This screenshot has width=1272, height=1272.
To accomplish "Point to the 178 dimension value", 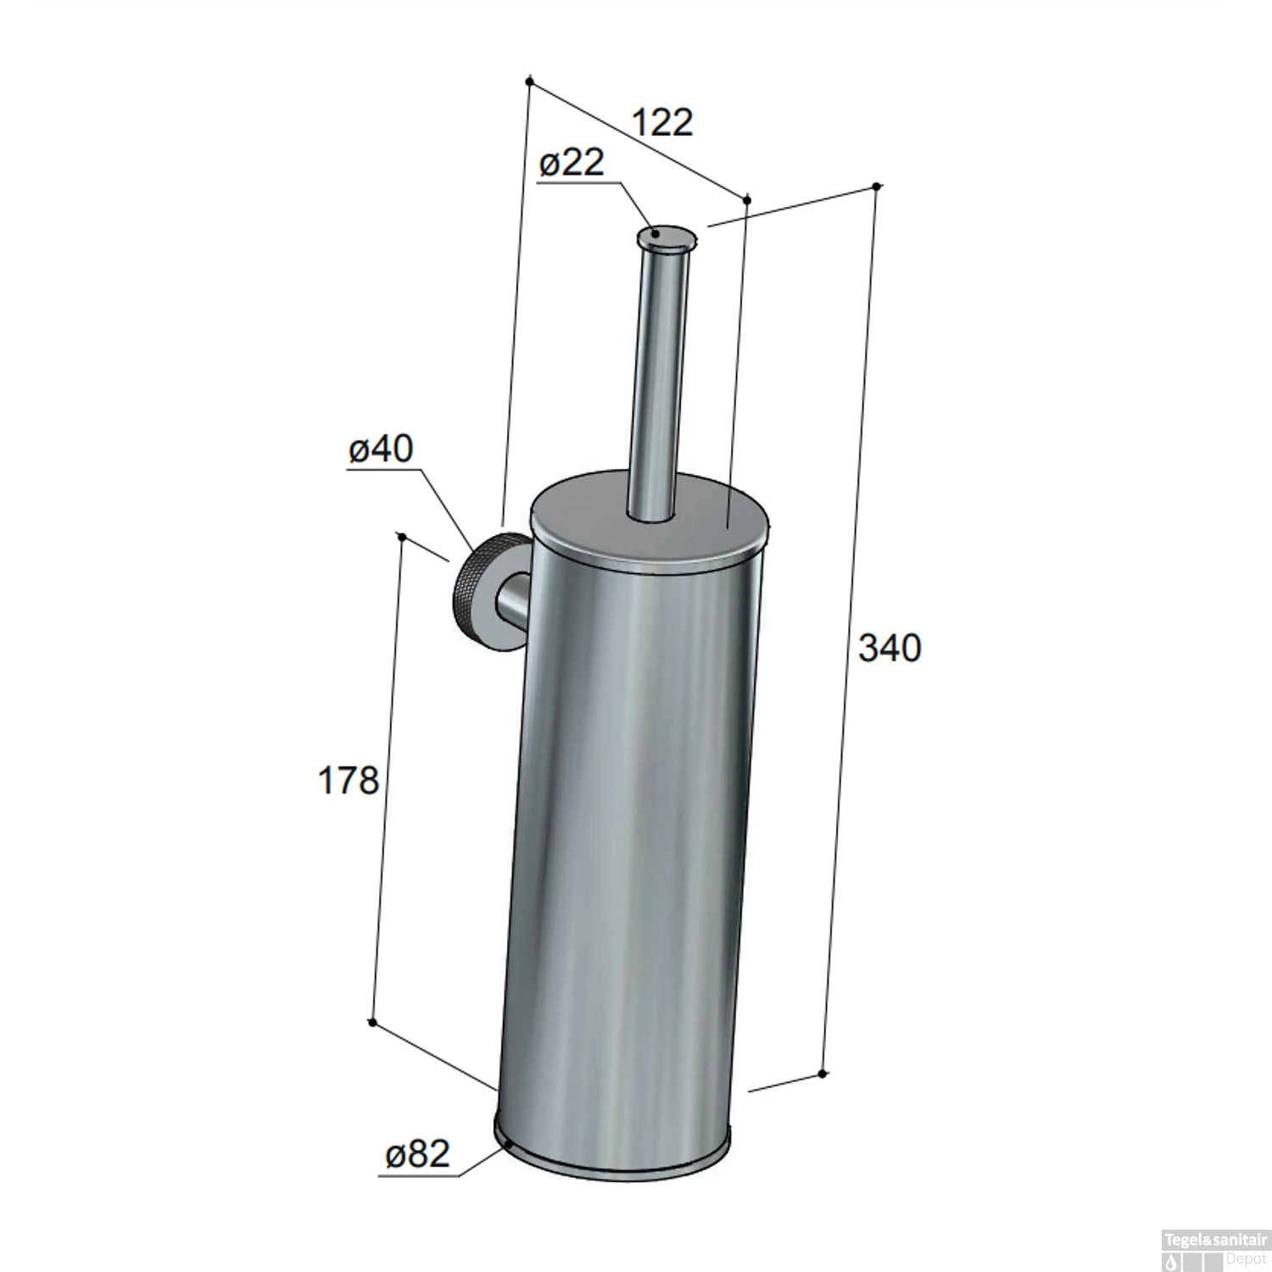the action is coord(348,780).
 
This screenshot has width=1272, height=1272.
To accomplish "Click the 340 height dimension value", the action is coord(890,648).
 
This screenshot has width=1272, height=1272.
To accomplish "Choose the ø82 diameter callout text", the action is coord(417,1155).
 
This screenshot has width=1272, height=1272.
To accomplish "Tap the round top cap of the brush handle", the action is coord(668,237).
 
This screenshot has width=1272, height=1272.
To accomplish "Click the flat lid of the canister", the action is coord(650,517).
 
